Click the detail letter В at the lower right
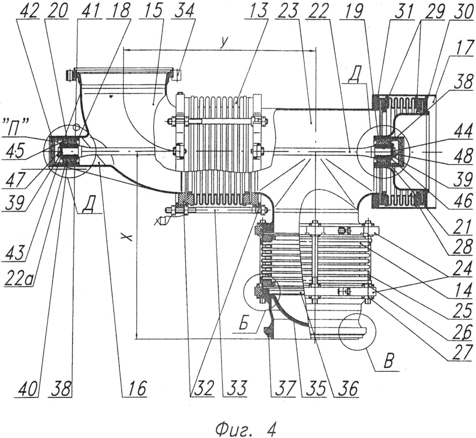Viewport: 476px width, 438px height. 388,361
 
